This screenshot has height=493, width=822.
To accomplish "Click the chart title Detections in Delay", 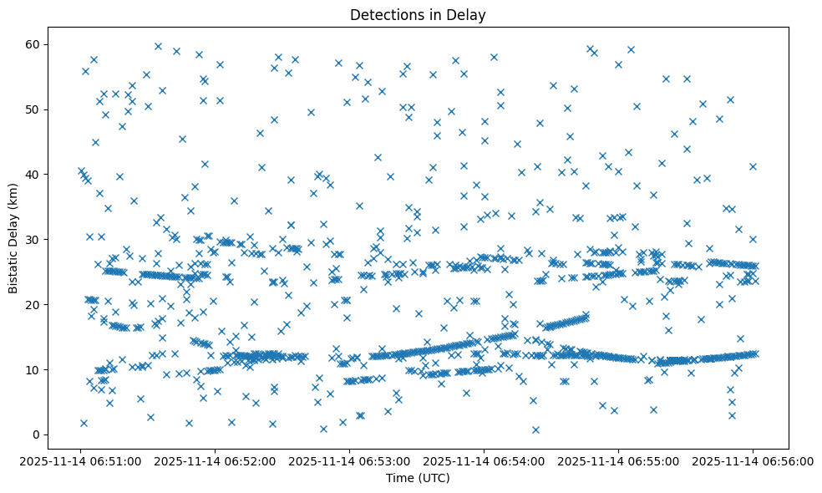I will point(418,15).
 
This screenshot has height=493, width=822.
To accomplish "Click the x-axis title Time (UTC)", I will point(418,478).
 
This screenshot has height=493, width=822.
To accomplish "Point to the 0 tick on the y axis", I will point(37,435).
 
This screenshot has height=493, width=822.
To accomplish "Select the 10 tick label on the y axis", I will point(33,369).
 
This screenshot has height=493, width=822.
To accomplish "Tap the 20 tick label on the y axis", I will point(33,304).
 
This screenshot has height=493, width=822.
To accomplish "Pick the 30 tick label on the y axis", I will point(33,239).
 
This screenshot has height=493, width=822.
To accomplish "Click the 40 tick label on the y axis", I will point(33,174).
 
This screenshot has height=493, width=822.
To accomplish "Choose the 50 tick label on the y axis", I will point(33,109).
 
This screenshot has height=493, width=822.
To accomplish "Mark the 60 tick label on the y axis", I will point(33,44).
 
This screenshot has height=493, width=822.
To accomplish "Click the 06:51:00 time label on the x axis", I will point(81,460).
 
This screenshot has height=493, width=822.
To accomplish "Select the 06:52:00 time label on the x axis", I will point(216,460).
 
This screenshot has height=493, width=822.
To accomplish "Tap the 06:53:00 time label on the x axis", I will point(350,460).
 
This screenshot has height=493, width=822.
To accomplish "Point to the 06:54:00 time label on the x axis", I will point(484,460).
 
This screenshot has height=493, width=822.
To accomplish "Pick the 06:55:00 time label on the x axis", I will point(618,460).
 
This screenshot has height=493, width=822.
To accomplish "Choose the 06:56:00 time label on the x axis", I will point(753,460).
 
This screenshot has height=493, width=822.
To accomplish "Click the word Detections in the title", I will point(385,15).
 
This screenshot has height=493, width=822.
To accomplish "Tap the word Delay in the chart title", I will point(469,15).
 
